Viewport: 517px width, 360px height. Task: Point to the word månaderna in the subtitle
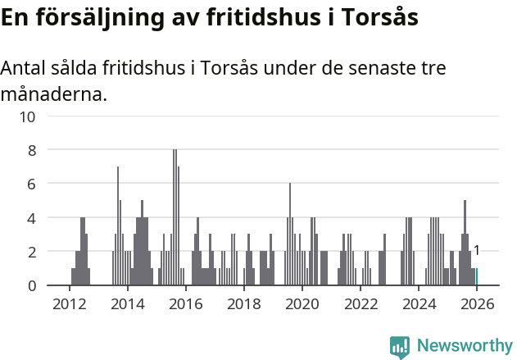pyautogui.click(x=52, y=94)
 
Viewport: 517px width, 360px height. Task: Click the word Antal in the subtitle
pyautogui.click(x=24, y=68)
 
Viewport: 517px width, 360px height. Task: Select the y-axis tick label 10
pyautogui.click(x=27, y=116)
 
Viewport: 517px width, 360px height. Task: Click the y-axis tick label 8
pyautogui.click(x=31, y=150)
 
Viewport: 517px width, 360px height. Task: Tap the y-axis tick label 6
pyautogui.click(x=31, y=185)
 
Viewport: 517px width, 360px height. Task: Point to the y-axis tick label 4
pyautogui.click(x=31, y=218)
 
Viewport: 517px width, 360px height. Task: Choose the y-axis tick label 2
pyautogui.click(x=31, y=252)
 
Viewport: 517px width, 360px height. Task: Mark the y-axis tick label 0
pyautogui.click(x=31, y=285)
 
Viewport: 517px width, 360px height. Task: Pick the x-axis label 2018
pyautogui.click(x=243, y=303)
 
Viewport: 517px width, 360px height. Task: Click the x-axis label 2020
pyautogui.click(x=302, y=303)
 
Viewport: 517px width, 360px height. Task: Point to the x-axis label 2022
pyautogui.click(x=360, y=303)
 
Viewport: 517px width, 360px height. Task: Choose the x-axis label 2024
pyautogui.click(x=418, y=303)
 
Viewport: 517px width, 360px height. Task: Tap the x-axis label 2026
pyautogui.click(x=476, y=303)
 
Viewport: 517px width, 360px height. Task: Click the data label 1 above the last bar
pyautogui.click(x=476, y=251)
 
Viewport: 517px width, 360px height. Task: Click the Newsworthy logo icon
pyautogui.click(x=400, y=347)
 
